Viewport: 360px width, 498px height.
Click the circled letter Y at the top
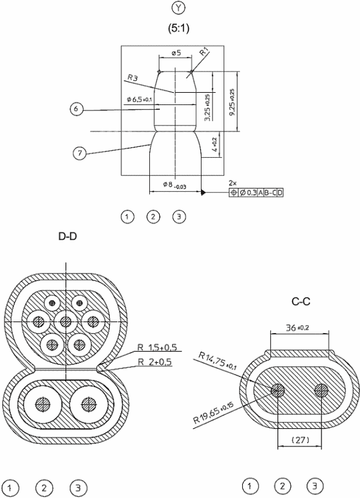pos(178,8)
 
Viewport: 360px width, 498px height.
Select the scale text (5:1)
pos(178,29)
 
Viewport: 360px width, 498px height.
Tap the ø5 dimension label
pos(176,53)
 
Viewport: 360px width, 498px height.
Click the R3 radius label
pos(132,77)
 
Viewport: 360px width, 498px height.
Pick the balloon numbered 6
pos(76,109)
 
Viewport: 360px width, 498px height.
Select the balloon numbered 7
pos(80,153)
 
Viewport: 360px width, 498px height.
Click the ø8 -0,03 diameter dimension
pos(175,185)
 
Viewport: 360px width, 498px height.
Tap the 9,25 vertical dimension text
pos(233,102)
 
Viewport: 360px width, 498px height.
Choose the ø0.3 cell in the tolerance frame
pos(248,192)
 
